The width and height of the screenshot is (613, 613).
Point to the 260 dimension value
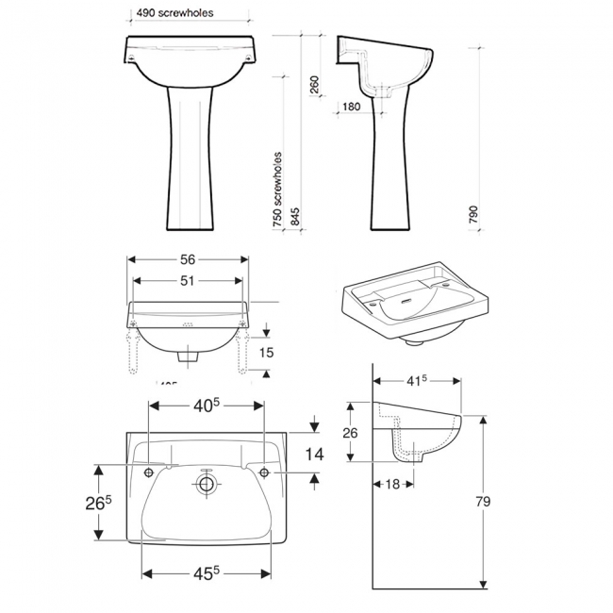314,86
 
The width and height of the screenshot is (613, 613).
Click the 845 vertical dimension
295,218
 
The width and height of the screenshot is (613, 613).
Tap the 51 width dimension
188,280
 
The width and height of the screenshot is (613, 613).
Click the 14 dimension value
315,455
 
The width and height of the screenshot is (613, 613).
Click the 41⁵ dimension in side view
418,381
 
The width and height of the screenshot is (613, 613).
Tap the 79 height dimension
482,502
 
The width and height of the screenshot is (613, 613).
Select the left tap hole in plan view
149,471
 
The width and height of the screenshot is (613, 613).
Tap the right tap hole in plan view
263,471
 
